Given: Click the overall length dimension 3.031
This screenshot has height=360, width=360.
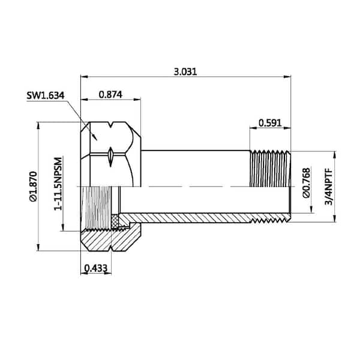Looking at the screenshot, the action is tap(185, 71).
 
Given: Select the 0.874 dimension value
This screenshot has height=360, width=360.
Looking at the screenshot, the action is tap(110, 94).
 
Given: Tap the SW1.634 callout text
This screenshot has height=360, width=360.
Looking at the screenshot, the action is tap(46, 95).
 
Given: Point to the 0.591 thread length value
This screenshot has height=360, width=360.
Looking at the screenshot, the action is tap(270, 123).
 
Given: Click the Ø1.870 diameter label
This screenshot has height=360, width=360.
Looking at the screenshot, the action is tap(33, 186).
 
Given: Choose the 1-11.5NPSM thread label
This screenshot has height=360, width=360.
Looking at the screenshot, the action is tap(58, 184).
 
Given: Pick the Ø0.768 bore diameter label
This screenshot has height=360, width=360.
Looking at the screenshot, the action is tap(306, 183).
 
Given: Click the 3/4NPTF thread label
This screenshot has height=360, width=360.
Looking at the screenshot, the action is tap(329, 186).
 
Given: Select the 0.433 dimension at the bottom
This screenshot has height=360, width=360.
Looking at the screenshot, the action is tap(96, 268).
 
